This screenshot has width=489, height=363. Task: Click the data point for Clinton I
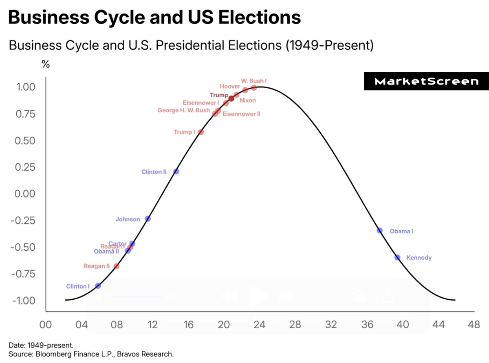pyautogui.click(x=98, y=286)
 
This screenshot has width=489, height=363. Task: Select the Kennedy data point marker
pyautogui.click(x=397, y=258)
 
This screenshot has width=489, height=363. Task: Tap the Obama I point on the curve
pyautogui.click(x=379, y=231)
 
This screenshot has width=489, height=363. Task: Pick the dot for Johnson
pyautogui.click(x=148, y=219)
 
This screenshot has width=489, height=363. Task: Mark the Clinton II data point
pyautogui.click(x=176, y=171)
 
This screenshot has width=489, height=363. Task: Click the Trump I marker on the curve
pyautogui.click(x=200, y=132)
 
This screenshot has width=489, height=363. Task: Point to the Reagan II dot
pyautogui.click(x=117, y=266)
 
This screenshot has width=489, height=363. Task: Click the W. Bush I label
pyautogui.click(x=254, y=81)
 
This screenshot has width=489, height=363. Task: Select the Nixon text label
pyautogui.click(x=248, y=100)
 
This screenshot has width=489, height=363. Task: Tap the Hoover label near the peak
pyautogui.click(x=230, y=86)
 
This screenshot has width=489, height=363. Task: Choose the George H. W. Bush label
pyautogui.click(x=184, y=110)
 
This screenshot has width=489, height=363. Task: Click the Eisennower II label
pyautogui.click(x=241, y=114)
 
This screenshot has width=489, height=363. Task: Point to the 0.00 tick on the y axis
pyautogui.click(x=25, y=194)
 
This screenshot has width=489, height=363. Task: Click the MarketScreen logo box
pyautogui.click(x=426, y=81)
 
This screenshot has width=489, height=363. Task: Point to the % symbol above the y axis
pyautogui.click(x=46, y=64)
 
